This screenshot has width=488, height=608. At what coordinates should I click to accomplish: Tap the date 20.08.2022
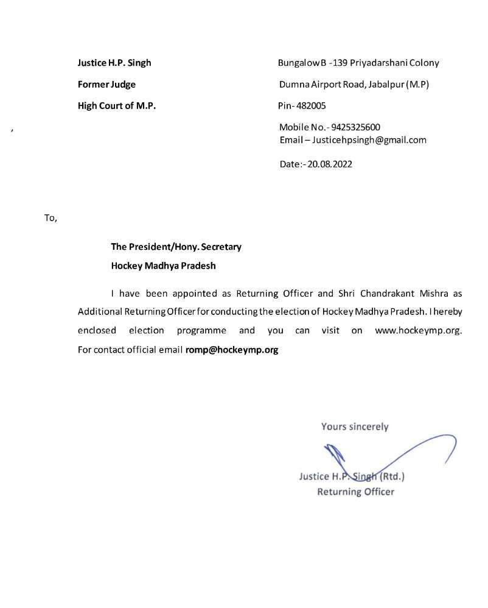(x=330, y=164)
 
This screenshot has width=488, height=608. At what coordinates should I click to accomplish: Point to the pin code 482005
(x=311, y=106)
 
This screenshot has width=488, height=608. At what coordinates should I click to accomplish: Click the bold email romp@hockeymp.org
(x=232, y=350)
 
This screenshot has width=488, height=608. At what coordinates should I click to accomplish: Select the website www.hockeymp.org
(x=419, y=331)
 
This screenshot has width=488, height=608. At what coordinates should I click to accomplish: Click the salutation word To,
(x=51, y=218)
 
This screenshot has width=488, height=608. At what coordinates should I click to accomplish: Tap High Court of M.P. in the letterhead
(x=117, y=106)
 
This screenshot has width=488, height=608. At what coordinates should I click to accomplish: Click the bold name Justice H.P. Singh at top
(x=114, y=63)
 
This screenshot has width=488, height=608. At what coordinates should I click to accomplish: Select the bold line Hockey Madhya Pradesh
(x=163, y=266)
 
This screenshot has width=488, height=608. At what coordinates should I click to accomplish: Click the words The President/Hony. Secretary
(x=176, y=247)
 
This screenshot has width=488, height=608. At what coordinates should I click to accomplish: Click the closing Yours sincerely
(x=355, y=426)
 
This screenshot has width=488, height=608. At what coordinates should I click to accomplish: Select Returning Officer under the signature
(x=355, y=492)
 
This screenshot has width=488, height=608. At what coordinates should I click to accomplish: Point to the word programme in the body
(x=201, y=331)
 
